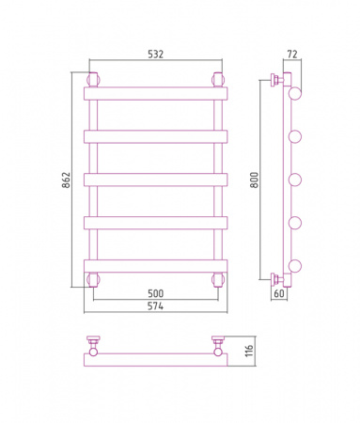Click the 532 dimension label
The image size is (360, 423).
155,55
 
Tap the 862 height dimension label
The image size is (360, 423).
66,180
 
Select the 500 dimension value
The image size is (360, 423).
155,293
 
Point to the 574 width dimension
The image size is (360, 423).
155,305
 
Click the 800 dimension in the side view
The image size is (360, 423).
255,180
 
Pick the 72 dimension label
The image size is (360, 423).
292,55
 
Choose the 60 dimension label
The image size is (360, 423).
279,293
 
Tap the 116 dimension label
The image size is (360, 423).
249,351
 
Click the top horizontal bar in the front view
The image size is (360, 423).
155,93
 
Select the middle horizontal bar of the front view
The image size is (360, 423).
155,180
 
